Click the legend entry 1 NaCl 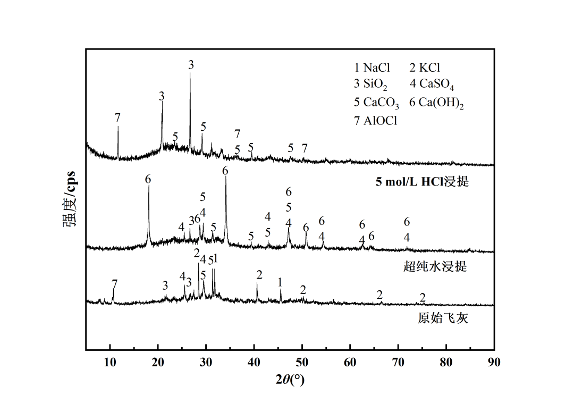coord(372,68)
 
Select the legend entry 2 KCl coord(425,68)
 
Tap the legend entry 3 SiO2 coord(372,84)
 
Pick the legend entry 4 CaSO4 coord(432,84)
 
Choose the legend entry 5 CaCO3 coord(376,103)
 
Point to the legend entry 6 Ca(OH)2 coord(436,103)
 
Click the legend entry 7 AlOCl coord(376,121)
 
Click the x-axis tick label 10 coord(110,363)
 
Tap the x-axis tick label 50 coord(302,363)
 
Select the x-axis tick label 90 coord(494,363)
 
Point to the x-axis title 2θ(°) coord(290,380)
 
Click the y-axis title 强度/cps coord(70,199)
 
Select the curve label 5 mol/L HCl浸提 coord(422,182)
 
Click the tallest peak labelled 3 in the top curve coord(190,74)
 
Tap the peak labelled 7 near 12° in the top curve coord(118,128)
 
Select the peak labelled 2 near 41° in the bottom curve coord(257,283)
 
